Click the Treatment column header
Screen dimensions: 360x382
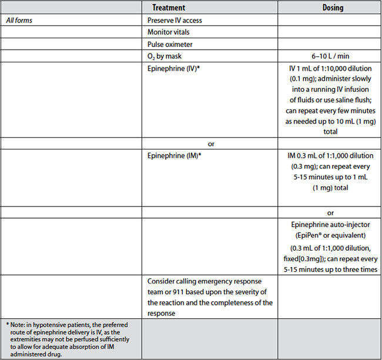(x=169, y=8)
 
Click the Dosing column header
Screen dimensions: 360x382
(x=333, y=8)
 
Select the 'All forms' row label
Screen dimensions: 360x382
(x=19, y=20)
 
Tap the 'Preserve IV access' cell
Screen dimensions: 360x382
(x=175, y=20)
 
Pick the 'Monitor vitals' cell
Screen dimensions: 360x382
(x=169, y=32)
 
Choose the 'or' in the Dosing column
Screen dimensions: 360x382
(x=331, y=212)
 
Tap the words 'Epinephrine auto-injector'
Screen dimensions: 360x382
(x=330, y=225)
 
